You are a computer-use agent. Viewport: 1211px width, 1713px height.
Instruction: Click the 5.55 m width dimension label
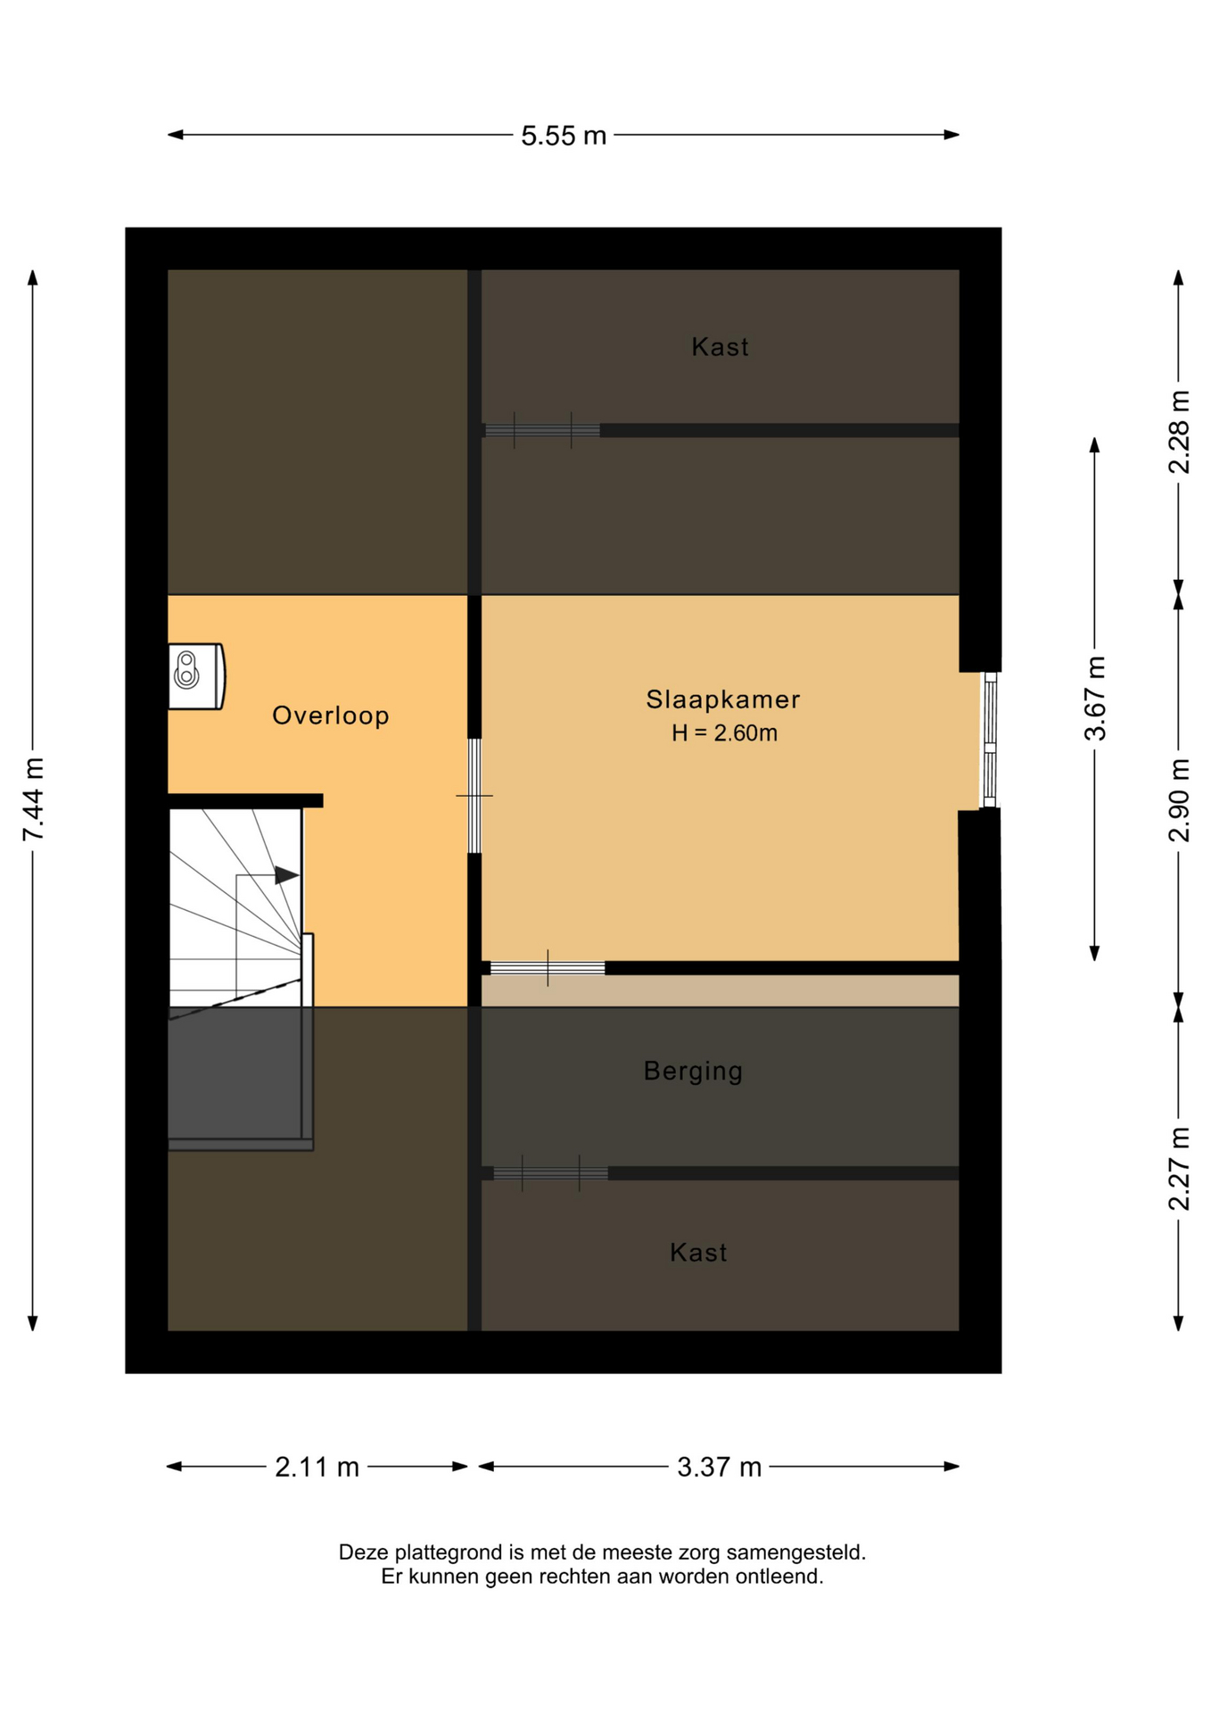pyautogui.click(x=564, y=136)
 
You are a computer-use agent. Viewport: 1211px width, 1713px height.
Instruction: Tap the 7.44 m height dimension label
pyautogui.click(x=33, y=799)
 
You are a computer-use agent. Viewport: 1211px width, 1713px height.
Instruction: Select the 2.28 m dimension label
pyautogui.click(x=1179, y=432)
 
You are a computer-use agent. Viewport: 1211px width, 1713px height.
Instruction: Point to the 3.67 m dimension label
pyautogui.click(x=1095, y=699)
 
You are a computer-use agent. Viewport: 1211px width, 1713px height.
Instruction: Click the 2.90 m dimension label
pyautogui.click(x=1179, y=800)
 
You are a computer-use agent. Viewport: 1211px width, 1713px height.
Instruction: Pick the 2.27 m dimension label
pyautogui.click(x=1179, y=1169)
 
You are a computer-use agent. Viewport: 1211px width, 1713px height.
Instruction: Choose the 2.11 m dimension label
pyautogui.click(x=317, y=1467)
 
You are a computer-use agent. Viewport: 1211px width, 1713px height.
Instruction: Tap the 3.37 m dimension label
pyautogui.click(x=720, y=1467)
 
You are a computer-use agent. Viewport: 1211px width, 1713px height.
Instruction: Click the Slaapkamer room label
pyautogui.click(x=723, y=699)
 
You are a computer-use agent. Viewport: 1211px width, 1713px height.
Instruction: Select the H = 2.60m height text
pyautogui.click(x=724, y=733)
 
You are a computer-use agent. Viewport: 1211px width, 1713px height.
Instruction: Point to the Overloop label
pyautogui.click(x=331, y=716)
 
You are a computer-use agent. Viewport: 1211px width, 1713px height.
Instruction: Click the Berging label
pyautogui.click(x=693, y=1071)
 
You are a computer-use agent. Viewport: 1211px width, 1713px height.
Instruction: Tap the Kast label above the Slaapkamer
pyautogui.click(x=720, y=347)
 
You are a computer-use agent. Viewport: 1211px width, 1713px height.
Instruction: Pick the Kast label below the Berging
pyautogui.click(x=698, y=1253)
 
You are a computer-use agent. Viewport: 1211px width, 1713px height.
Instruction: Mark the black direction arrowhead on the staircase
pyautogui.click(x=286, y=875)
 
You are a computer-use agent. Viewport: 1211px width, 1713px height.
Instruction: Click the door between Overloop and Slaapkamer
pyautogui.click(x=474, y=796)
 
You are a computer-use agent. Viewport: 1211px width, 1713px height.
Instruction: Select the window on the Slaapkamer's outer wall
pyautogui.click(x=989, y=740)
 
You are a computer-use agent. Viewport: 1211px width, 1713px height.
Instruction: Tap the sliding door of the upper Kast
pyautogui.click(x=542, y=430)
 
